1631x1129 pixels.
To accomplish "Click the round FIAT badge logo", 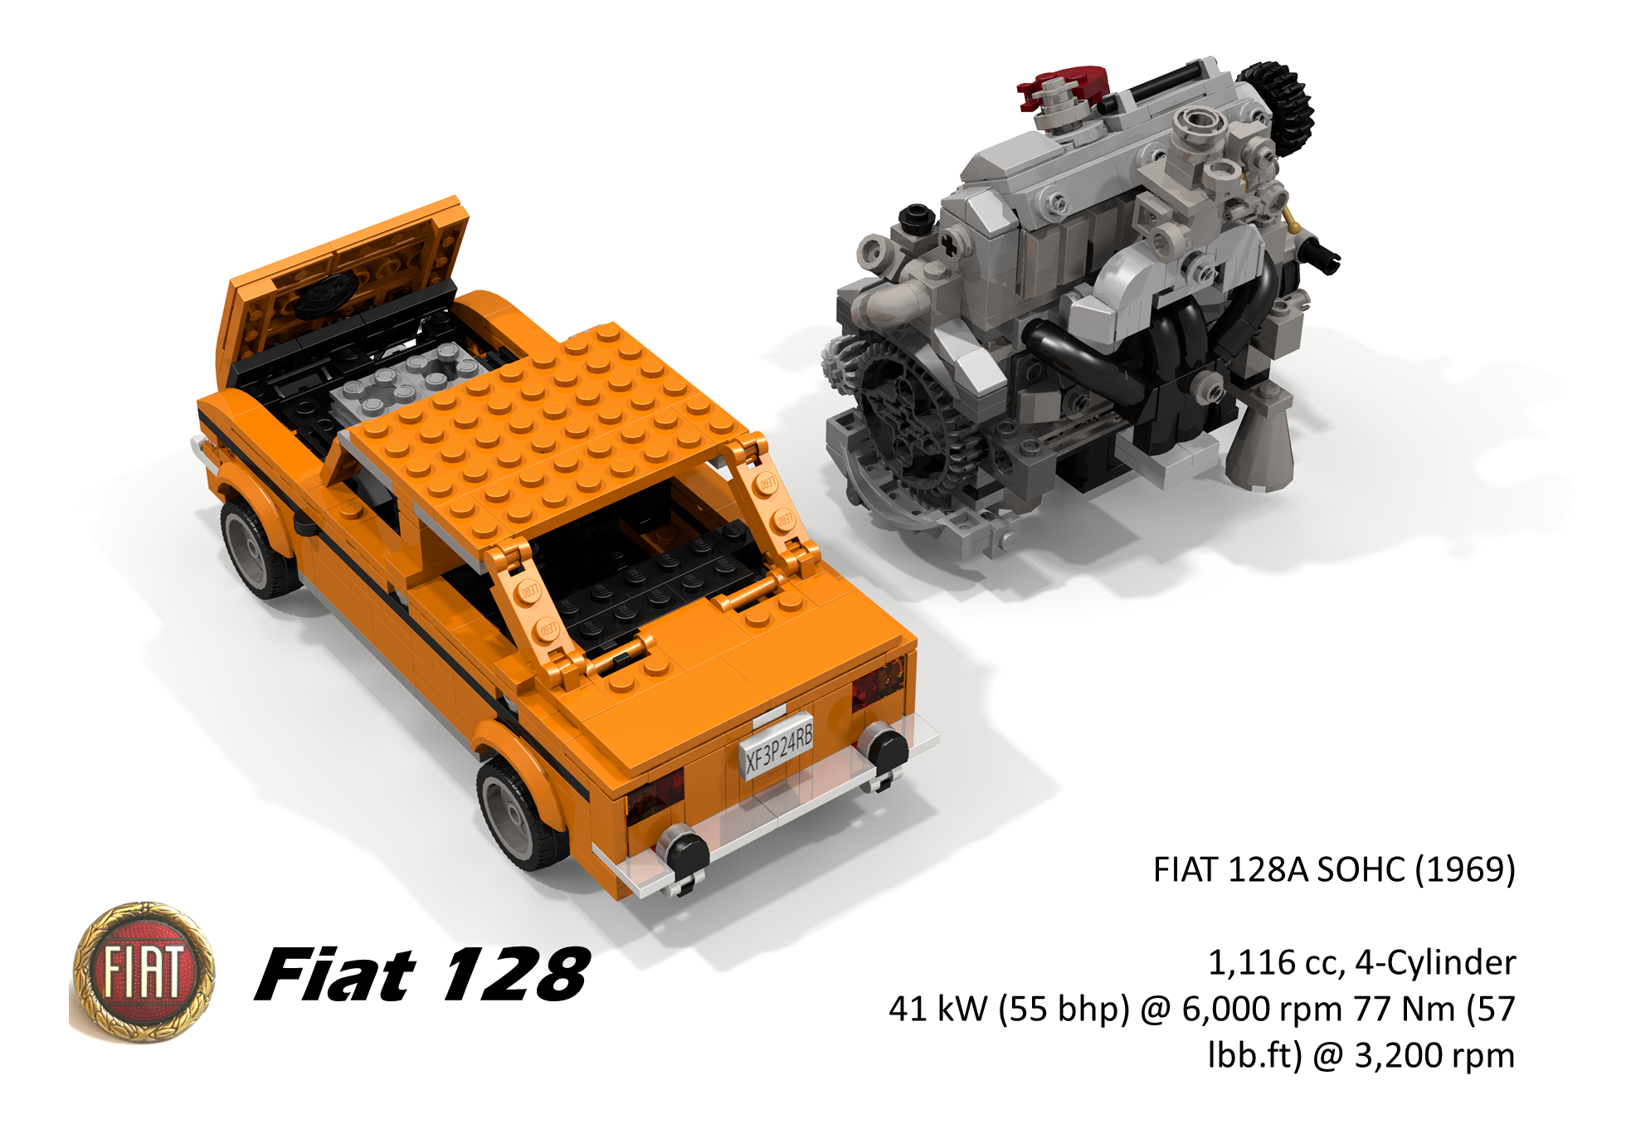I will (x=144, y=971).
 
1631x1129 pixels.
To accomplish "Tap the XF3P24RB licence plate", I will (x=777, y=747).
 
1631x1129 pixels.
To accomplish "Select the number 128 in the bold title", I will (x=515, y=974).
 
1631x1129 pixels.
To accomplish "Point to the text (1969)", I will (x=1465, y=869).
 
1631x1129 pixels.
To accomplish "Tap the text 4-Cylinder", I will (x=1435, y=962).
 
